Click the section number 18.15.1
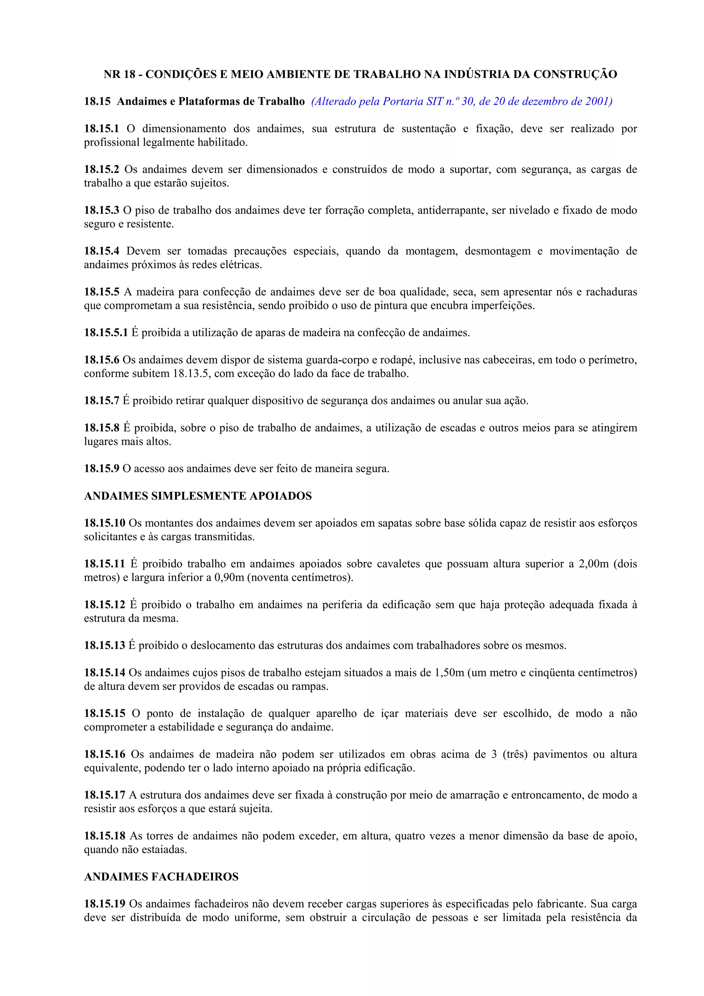[101, 129]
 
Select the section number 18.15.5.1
[106, 333]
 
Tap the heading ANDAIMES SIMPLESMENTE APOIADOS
[198, 496]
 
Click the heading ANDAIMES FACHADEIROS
[161, 877]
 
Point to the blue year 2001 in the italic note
[598, 101]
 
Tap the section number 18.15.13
[104, 645]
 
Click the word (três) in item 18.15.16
[515, 754]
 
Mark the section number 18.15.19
[104, 904]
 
